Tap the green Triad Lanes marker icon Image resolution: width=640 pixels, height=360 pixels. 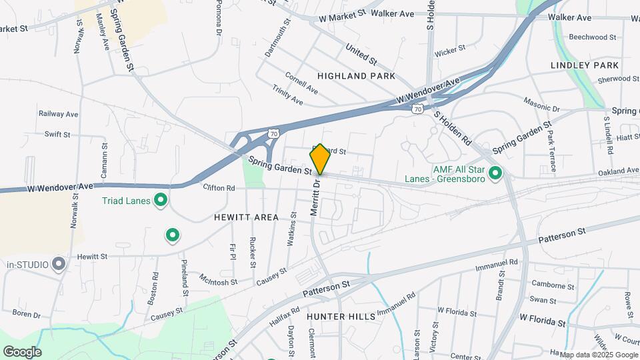[160, 199]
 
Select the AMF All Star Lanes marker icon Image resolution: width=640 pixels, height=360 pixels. [495, 173]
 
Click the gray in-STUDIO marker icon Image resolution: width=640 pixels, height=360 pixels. [59, 264]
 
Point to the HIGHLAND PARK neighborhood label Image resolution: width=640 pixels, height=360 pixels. [351, 76]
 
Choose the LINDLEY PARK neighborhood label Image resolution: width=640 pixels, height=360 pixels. [585, 65]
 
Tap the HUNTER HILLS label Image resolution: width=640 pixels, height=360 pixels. [341, 316]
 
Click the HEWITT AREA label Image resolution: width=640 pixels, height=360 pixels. [246, 217]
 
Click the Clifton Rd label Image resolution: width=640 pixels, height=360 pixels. [219, 188]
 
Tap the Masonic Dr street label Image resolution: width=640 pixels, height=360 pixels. [541, 107]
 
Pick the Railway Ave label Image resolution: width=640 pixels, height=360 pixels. [58, 114]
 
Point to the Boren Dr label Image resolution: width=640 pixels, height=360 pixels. [27, 313]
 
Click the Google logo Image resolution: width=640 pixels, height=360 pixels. [22, 351]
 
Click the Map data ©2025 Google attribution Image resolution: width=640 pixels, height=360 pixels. [599, 355]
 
